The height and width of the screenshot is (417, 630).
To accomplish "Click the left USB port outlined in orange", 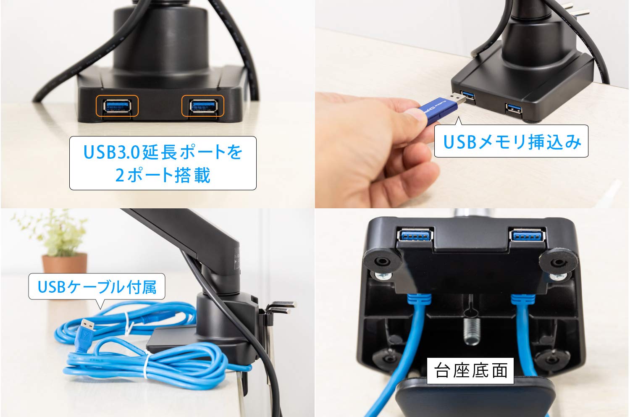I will point(117,105).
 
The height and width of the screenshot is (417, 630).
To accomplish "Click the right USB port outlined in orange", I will point(203,105).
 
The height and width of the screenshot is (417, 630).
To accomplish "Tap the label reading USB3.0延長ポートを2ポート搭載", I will point(163,163).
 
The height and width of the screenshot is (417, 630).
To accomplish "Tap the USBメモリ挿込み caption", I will point(511,142).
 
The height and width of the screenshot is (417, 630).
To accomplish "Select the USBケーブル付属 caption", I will point(97,287).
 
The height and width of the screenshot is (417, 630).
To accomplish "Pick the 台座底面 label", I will point(470,370).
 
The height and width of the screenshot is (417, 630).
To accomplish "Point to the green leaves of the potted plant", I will point(59,233).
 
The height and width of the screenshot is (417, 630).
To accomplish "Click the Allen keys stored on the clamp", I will point(279,307).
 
